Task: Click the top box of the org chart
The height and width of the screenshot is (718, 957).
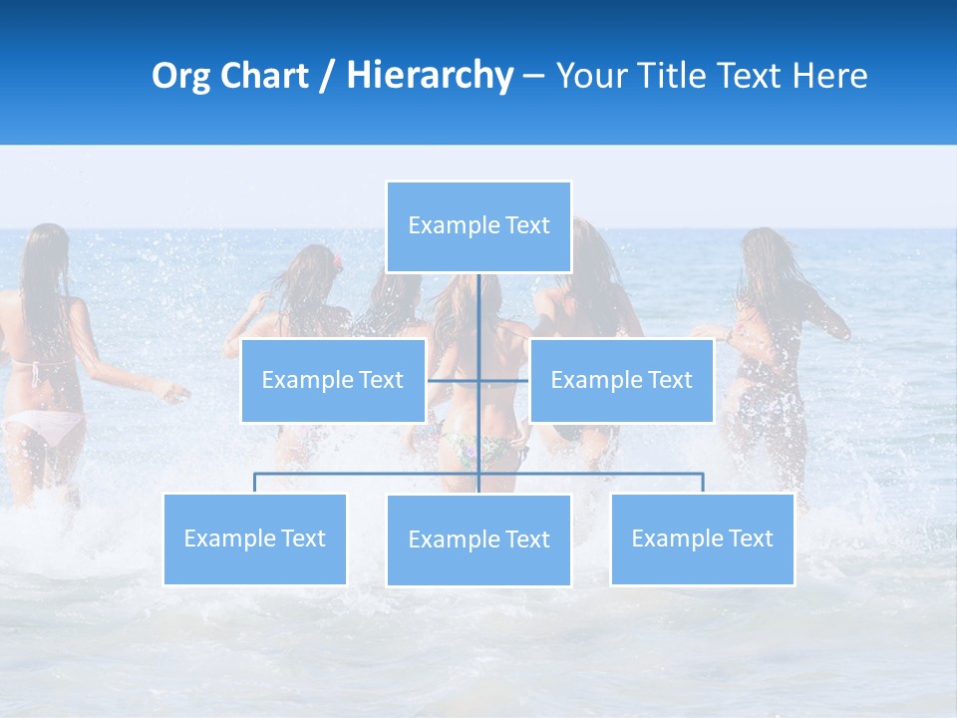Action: [x=478, y=226]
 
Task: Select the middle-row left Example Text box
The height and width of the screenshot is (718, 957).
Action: [x=333, y=380]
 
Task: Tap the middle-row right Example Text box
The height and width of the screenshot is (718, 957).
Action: [x=621, y=380]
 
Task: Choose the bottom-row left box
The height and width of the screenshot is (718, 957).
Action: [x=254, y=538]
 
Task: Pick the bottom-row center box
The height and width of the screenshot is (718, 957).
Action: [x=478, y=539]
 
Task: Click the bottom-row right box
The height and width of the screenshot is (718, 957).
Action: [x=702, y=538]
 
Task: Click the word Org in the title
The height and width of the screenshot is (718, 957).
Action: [x=180, y=76]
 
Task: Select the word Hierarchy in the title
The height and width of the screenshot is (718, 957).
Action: [x=430, y=76]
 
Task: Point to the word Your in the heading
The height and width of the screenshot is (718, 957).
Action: [x=590, y=76]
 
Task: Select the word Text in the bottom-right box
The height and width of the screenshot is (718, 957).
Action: [x=750, y=538]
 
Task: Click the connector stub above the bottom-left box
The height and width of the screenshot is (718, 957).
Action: [x=254, y=483]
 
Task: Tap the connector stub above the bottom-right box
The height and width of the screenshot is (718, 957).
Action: [x=703, y=483]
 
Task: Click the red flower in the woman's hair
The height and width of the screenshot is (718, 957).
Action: [x=337, y=264]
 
